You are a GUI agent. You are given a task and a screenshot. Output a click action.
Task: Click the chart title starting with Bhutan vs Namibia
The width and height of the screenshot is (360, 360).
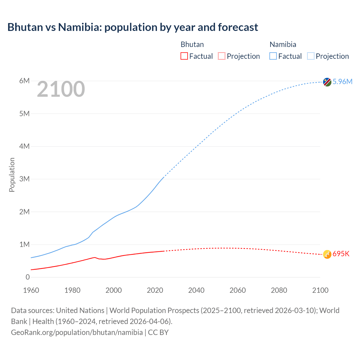point(132,27)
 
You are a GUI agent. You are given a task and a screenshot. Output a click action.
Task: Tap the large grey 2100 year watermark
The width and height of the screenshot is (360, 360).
point(61,89)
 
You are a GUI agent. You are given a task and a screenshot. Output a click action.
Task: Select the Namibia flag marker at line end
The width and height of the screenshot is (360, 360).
point(327,82)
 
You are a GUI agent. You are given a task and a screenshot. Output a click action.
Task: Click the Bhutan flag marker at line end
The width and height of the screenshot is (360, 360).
point(327,254)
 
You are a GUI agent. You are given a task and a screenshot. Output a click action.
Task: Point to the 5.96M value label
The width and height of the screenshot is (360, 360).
point(342,82)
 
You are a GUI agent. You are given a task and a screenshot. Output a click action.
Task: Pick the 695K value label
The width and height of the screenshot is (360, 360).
point(341,254)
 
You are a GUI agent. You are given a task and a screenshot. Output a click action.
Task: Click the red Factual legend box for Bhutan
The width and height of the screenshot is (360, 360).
point(184,56)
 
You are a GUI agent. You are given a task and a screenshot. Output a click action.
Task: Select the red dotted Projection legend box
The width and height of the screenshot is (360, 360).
point(222,56)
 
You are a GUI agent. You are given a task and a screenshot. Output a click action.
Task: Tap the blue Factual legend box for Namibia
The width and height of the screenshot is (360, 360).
point(273,56)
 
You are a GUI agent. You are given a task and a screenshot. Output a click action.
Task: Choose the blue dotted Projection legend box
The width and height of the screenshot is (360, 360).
point(310,56)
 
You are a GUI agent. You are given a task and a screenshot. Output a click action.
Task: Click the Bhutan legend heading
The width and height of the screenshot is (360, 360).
point(192,44)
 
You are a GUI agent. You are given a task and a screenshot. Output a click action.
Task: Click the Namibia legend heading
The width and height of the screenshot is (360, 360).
point(283,44)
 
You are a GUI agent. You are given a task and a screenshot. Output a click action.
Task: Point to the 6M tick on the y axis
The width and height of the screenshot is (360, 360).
point(24,81)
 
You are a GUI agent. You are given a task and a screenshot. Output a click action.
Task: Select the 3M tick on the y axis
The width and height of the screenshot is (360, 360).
point(24,179)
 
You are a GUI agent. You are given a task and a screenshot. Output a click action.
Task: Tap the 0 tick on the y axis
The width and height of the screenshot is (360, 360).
point(28,277)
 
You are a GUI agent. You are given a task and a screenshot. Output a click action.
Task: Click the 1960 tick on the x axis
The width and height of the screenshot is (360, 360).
point(31,290)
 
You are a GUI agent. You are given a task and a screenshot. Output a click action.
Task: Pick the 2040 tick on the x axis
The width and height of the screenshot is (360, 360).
point(196,290)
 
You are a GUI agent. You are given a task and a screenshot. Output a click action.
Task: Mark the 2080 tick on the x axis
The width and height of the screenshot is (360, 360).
point(279,290)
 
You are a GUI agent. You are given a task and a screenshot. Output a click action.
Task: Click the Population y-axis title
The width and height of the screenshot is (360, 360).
point(12,175)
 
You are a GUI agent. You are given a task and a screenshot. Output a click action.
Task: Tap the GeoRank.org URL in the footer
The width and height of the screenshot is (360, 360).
point(77,332)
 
